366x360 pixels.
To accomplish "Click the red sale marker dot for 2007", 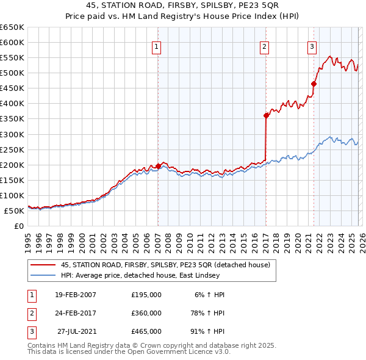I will click(x=158, y=166).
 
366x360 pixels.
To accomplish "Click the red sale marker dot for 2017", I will click(x=266, y=115).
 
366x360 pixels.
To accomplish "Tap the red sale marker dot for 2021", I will click(x=314, y=84).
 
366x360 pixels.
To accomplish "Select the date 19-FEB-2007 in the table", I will click(x=75, y=295).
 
